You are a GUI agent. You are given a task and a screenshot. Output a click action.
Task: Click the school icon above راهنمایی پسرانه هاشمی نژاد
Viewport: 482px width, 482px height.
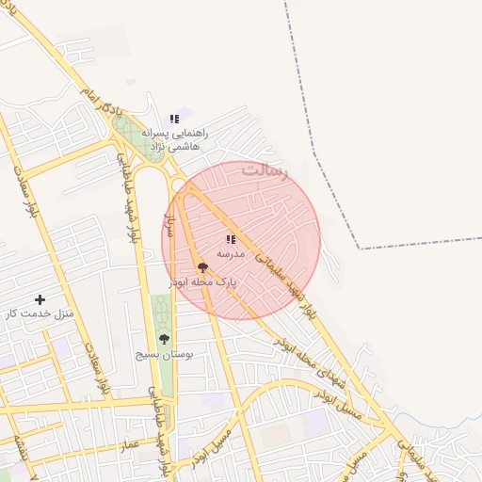(x=174, y=119)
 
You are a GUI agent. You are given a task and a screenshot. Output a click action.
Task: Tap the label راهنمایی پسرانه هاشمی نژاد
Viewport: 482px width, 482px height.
(x=173, y=139)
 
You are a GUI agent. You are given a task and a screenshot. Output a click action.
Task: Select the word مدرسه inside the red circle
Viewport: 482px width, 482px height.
(x=231, y=253)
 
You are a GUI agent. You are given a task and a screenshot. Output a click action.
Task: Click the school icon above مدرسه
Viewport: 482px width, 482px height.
(x=231, y=239)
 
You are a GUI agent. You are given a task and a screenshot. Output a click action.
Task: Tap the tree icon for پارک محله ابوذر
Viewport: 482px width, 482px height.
(x=202, y=268)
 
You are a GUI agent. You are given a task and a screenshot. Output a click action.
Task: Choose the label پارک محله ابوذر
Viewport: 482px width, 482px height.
(x=202, y=281)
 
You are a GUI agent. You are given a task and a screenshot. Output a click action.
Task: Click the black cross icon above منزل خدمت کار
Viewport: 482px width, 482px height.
(x=40, y=298)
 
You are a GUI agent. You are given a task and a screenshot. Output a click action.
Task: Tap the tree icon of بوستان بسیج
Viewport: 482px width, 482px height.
(x=164, y=339)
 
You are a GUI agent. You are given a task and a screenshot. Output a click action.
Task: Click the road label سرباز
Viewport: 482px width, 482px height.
(x=170, y=223)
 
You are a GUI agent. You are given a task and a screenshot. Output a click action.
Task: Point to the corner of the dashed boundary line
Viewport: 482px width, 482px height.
(x=361, y=249)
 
